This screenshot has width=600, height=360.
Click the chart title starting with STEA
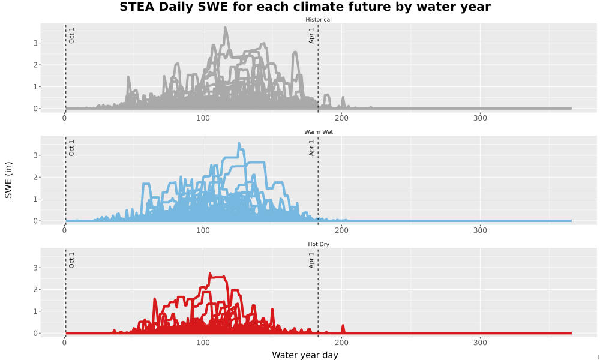coord(305,7)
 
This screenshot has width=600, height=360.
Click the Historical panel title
coord(319,20)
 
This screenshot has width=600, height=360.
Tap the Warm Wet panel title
coord(319,132)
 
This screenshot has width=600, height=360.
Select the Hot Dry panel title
coord(319,244)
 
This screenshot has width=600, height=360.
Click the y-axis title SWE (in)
coord(8,180)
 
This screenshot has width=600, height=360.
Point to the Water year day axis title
coord(305,355)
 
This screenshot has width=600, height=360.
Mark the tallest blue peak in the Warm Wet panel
coord(239,144)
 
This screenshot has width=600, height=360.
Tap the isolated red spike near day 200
coord(343,326)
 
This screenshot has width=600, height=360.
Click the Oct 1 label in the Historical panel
coord(71,35)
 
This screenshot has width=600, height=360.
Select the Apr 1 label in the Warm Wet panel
coord(311,148)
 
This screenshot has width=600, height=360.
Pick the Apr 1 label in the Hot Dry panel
coord(311,260)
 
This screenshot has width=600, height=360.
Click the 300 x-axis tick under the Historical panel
coord(480,118)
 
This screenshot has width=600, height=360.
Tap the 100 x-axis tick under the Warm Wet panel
coord(203,230)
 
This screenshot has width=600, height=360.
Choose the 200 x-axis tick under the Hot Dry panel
coord(342,343)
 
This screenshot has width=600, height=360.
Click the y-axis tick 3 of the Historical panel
coord(35,43)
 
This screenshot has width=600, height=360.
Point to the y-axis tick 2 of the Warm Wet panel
coord(35,177)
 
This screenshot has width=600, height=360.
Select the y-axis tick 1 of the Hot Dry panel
coord(35,311)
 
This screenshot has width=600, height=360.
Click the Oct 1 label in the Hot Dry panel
coord(71,260)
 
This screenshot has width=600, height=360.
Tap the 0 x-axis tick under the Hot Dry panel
coord(64,343)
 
